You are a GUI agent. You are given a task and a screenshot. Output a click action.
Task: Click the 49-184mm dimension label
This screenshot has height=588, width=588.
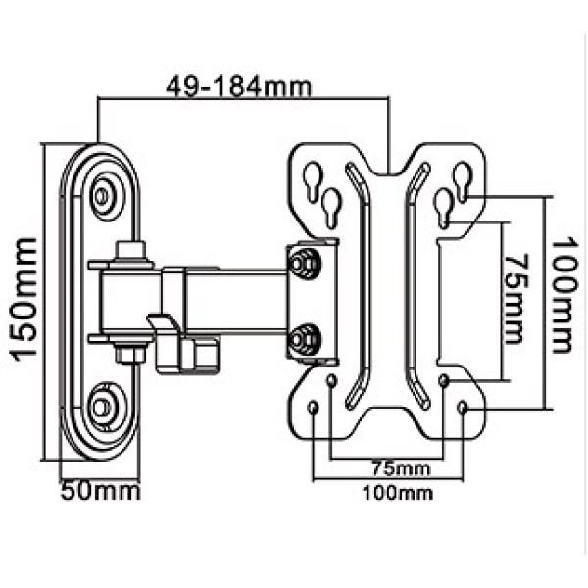[238, 87]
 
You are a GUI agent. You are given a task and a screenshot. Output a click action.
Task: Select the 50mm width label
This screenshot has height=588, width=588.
[100, 491]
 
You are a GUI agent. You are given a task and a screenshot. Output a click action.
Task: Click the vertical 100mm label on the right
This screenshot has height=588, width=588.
[563, 295]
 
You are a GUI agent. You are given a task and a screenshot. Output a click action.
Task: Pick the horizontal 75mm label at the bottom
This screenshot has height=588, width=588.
[401, 468]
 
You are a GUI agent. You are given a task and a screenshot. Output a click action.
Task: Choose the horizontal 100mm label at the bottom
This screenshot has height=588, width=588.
[398, 493]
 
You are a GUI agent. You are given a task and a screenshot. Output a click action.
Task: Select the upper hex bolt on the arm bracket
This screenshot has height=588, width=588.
[304, 264]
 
